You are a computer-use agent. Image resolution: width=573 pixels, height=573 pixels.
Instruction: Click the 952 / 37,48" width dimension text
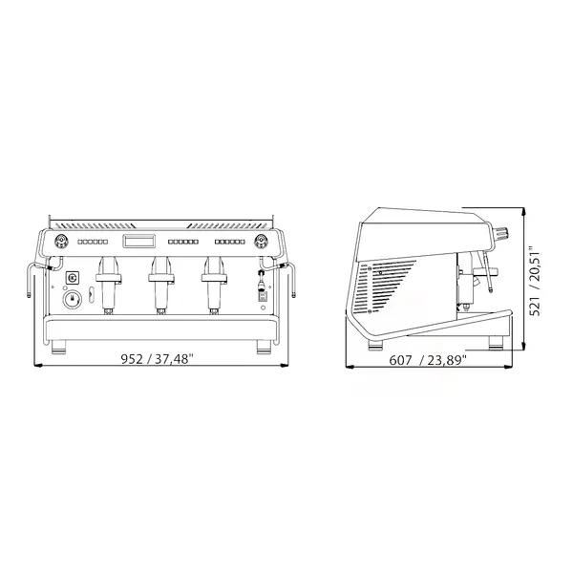[x=158, y=359]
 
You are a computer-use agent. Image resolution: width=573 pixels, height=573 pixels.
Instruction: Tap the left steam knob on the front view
[x=60, y=241]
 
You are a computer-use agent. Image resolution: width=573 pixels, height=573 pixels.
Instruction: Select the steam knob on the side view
[x=501, y=233]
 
